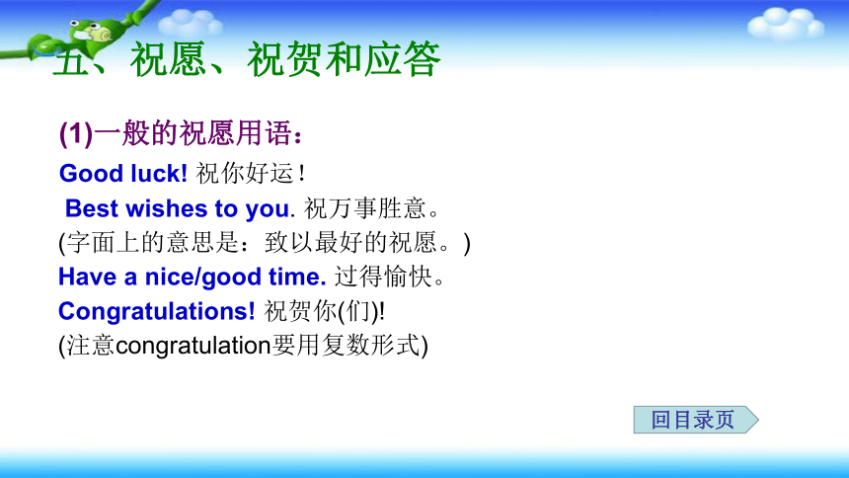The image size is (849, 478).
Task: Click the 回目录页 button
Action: [696, 420]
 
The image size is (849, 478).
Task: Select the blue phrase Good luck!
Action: [123, 174]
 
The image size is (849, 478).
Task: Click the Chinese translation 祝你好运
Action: [245, 174]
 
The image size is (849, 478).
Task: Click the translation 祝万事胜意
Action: [365, 208]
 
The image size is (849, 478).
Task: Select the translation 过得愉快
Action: [383, 277]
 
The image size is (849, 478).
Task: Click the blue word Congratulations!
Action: [157, 312]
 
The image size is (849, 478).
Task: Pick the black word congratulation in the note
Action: [193, 346]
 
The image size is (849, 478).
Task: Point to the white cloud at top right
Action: [785, 24]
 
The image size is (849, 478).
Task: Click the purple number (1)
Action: [76, 133]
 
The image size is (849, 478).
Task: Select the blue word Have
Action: [87, 277]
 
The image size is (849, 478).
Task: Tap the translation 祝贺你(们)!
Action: [325, 312]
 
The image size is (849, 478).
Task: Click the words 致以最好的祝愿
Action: [350, 242]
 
